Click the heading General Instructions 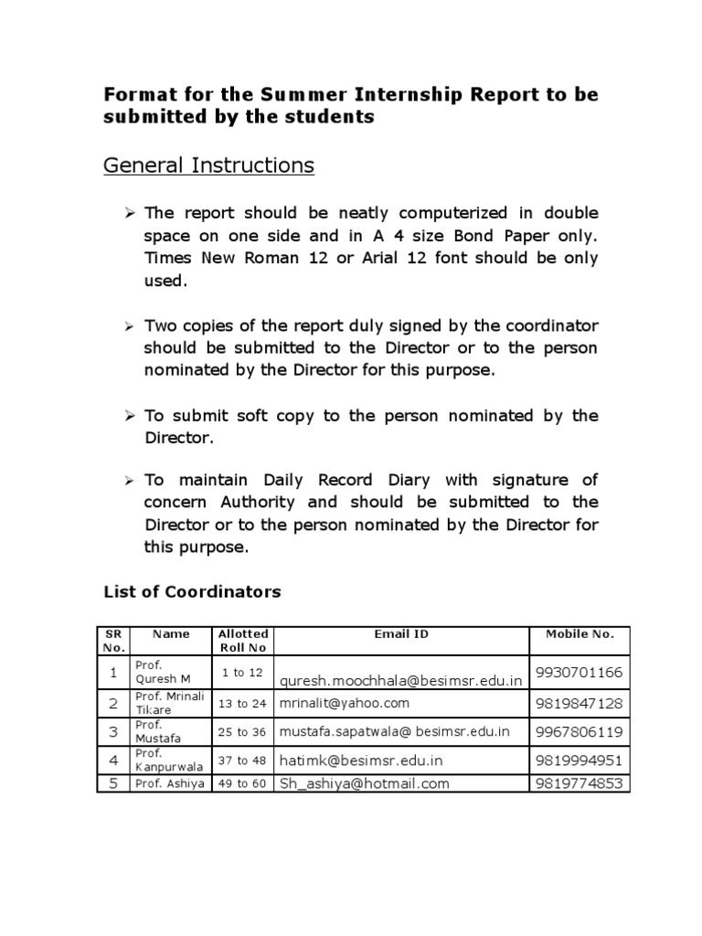208,165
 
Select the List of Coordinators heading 192,591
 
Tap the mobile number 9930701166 580,673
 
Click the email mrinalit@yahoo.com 345,703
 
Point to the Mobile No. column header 580,633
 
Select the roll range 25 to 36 242,732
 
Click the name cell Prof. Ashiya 169,784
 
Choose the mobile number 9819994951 580,760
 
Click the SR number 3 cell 113,731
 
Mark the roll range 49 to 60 242,784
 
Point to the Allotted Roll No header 242,640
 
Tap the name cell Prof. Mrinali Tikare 169,703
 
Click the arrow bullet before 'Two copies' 129,325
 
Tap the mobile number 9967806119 580,731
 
